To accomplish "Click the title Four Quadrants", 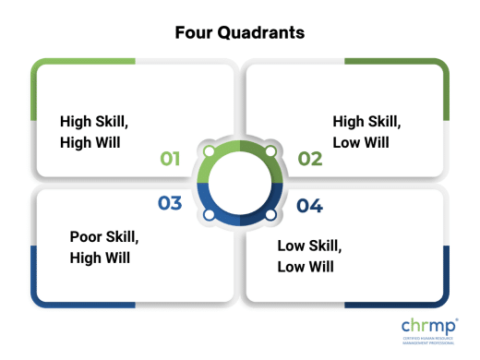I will coord(240,32).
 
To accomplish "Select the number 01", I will coord(170,159).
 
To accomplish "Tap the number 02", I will coord(309,159).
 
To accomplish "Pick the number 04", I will coord(309,205).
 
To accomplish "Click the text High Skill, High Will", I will coord(90,131).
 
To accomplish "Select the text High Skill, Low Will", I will coord(362,131).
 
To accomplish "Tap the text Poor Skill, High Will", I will coord(104,246).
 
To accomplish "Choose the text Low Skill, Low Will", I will coord(309,256).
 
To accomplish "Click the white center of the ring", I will coord(240,182).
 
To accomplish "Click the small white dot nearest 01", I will coord(209,150).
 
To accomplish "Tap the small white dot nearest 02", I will coord(270,150).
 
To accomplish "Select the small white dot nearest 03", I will coord(209,214).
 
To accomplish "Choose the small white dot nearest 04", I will coord(270,214).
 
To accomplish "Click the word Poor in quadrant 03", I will coord(86,236).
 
